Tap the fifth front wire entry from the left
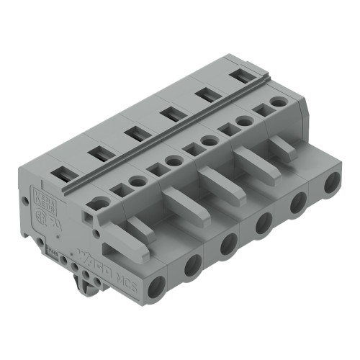(297, 203)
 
